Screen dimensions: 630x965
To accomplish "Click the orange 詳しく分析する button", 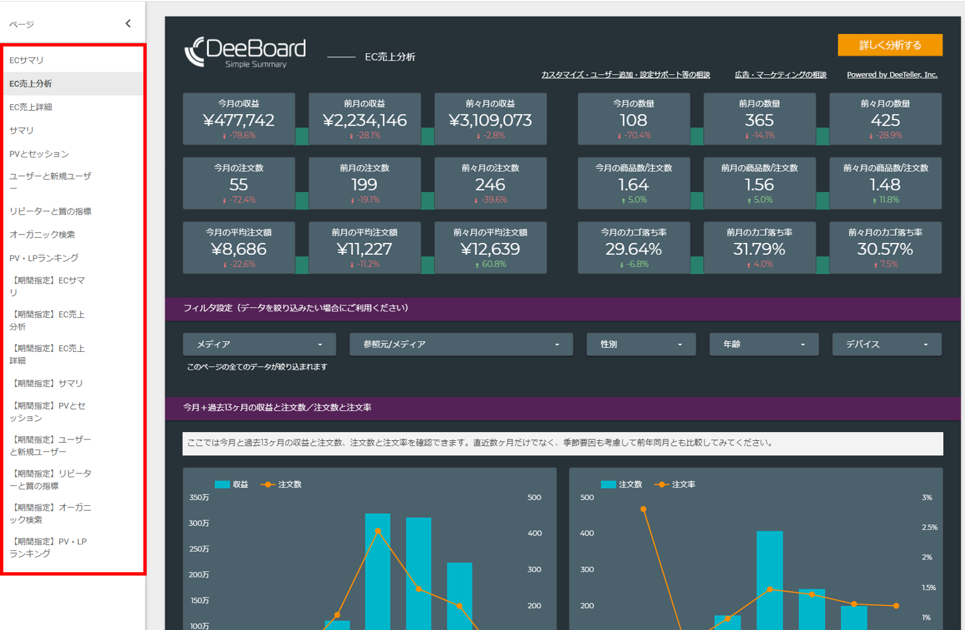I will click(889, 45).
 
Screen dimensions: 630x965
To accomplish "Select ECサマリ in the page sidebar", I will click(27, 60).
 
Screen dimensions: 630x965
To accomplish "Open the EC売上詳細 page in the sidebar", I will click(31, 107).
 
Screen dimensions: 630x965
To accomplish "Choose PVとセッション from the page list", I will click(39, 154).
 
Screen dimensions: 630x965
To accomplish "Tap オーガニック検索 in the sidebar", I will click(42, 234).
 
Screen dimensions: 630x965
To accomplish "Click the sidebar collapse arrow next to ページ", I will click(128, 24).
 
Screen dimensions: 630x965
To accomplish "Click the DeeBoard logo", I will click(246, 52).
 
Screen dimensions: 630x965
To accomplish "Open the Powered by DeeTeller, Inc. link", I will click(891, 75).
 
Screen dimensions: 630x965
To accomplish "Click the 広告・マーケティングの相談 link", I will click(780, 75).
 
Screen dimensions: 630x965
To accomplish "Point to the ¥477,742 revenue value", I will click(238, 120).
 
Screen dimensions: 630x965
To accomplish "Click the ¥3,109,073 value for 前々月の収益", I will click(490, 120).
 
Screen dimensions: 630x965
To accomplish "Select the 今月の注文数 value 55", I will click(238, 185).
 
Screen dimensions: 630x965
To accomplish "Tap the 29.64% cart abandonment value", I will click(633, 249).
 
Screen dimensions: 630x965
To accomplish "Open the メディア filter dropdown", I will click(259, 345).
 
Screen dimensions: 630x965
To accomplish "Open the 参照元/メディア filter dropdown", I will click(461, 345).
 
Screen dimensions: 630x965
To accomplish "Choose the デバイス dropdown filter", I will click(886, 345).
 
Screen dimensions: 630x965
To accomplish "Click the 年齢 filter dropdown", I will click(763, 345).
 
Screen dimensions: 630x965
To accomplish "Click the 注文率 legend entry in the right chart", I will click(676, 485).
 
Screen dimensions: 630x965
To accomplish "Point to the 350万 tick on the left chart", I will click(199, 497).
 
